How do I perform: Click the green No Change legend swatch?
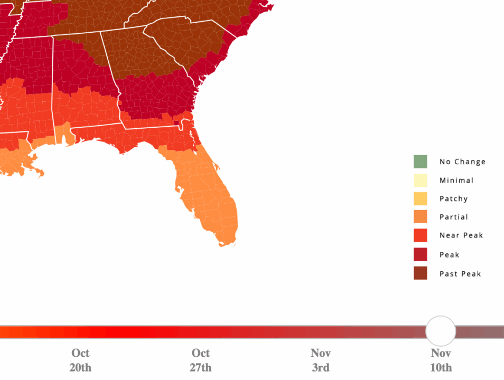pyautogui.click(x=420, y=161)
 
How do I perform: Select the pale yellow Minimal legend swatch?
pyautogui.click(x=420, y=180)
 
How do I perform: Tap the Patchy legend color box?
pyautogui.click(x=420, y=198)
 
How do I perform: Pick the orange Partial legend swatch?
pyautogui.click(x=420, y=217)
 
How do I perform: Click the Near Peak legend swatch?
pyautogui.click(x=420, y=235)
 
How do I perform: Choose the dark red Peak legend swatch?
pyautogui.click(x=420, y=254)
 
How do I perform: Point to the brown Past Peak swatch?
pyautogui.click(x=420, y=273)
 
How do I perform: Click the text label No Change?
pyautogui.click(x=462, y=161)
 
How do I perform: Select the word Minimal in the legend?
pyautogui.click(x=456, y=180)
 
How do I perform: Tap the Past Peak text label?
pyautogui.click(x=460, y=273)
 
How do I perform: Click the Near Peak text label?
pyautogui.click(x=461, y=235)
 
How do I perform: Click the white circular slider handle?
pyautogui.click(x=440, y=331)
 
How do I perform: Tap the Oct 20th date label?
pyautogui.click(x=80, y=360)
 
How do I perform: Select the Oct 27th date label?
pyautogui.click(x=200, y=360)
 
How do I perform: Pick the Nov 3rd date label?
pyautogui.click(x=320, y=360)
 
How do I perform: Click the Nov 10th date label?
pyautogui.click(x=441, y=360)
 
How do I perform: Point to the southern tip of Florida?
pyautogui.click(x=226, y=244)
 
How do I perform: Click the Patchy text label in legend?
pyautogui.click(x=453, y=198)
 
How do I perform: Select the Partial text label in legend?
pyautogui.click(x=453, y=217)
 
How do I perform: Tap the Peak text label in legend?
pyautogui.click(x=449, y=254)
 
